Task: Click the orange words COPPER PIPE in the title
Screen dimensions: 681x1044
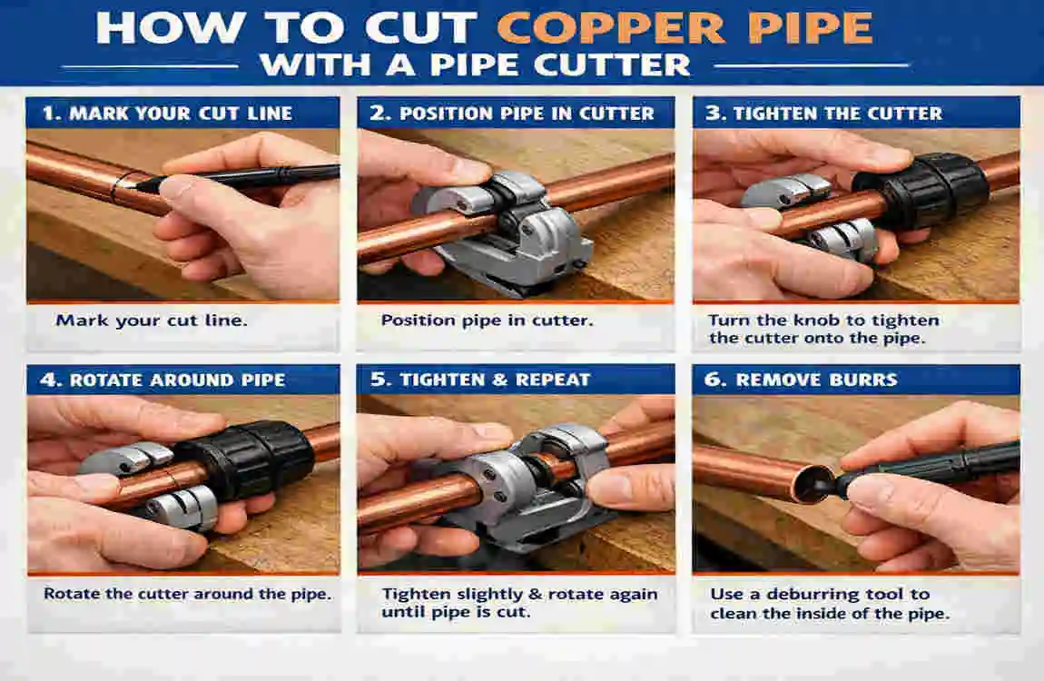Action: click(685, 28)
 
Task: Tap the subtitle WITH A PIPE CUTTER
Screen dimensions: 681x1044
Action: click(474, 65)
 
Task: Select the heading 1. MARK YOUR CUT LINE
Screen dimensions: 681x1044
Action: click(168, 113)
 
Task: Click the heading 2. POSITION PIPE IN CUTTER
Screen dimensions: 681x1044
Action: click(513, 113)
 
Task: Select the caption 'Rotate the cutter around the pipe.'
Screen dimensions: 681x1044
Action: click(187, 594)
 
